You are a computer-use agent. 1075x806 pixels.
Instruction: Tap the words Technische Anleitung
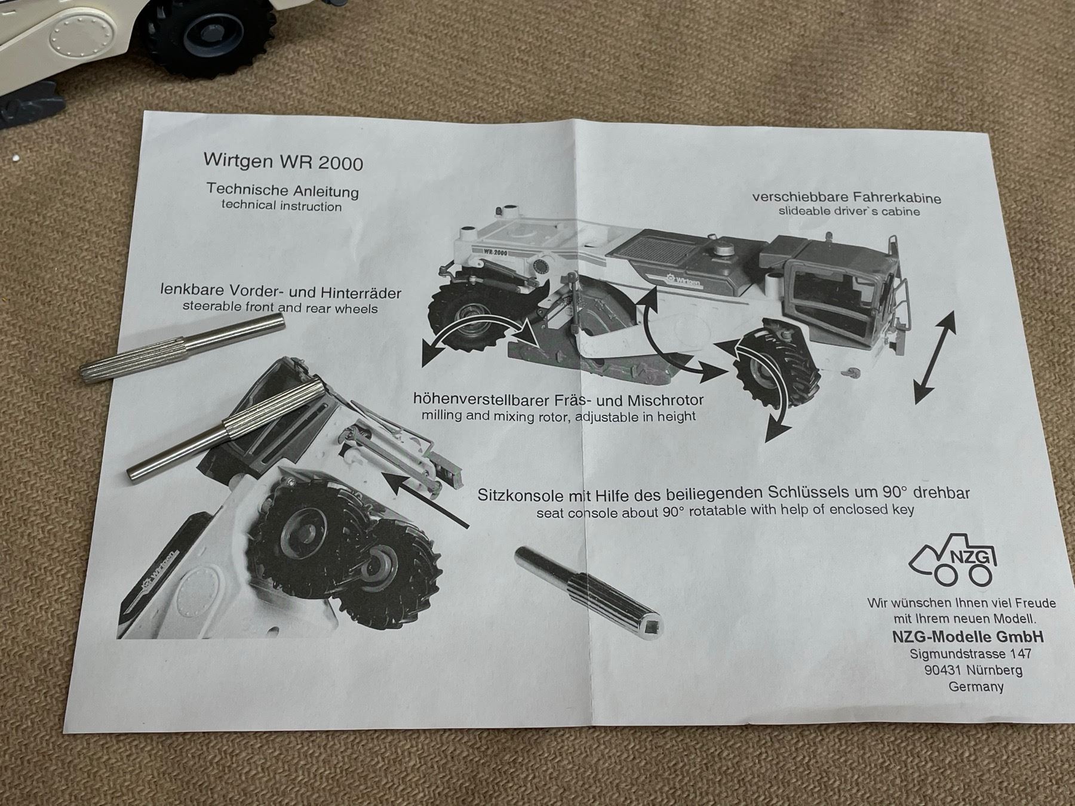click(x=282, y=190)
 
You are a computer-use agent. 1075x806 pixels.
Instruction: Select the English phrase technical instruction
click(x=282, y=206)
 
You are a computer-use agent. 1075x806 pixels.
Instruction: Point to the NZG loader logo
click(x=953, y=559)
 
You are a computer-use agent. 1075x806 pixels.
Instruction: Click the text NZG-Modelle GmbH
click(x=967, y=636)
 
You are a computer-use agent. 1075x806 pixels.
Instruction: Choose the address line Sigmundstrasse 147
click(x=970, y=654)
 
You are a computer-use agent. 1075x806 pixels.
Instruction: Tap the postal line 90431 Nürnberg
click(x=973, y=670)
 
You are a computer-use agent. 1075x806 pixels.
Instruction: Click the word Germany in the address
click(x=976, y=687)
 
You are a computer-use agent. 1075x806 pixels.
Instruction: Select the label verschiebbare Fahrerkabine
click(x=846, y=197)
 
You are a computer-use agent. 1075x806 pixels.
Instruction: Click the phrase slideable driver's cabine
click(x=849, y=211)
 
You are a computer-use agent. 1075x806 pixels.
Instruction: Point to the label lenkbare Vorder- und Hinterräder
click(x=281, y=292)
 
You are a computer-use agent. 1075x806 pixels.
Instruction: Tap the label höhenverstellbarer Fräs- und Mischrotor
click(x=558, y=399)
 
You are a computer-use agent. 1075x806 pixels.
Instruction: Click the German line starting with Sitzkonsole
click(x=723, y=493)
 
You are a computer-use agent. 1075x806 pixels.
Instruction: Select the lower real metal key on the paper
click(x=226, y=431)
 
